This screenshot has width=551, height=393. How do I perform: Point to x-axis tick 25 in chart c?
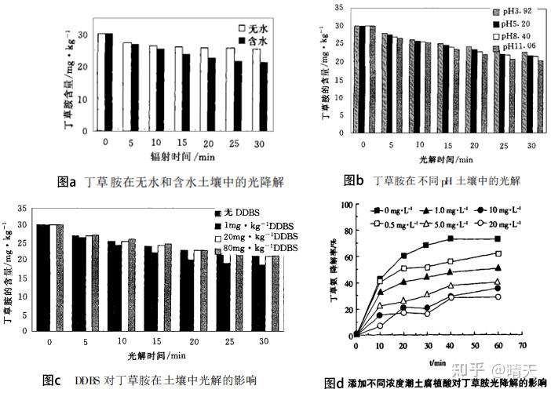[226, 342]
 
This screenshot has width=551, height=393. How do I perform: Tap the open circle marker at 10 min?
[381, 326]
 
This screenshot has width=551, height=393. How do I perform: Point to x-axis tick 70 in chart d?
[522, 344]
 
